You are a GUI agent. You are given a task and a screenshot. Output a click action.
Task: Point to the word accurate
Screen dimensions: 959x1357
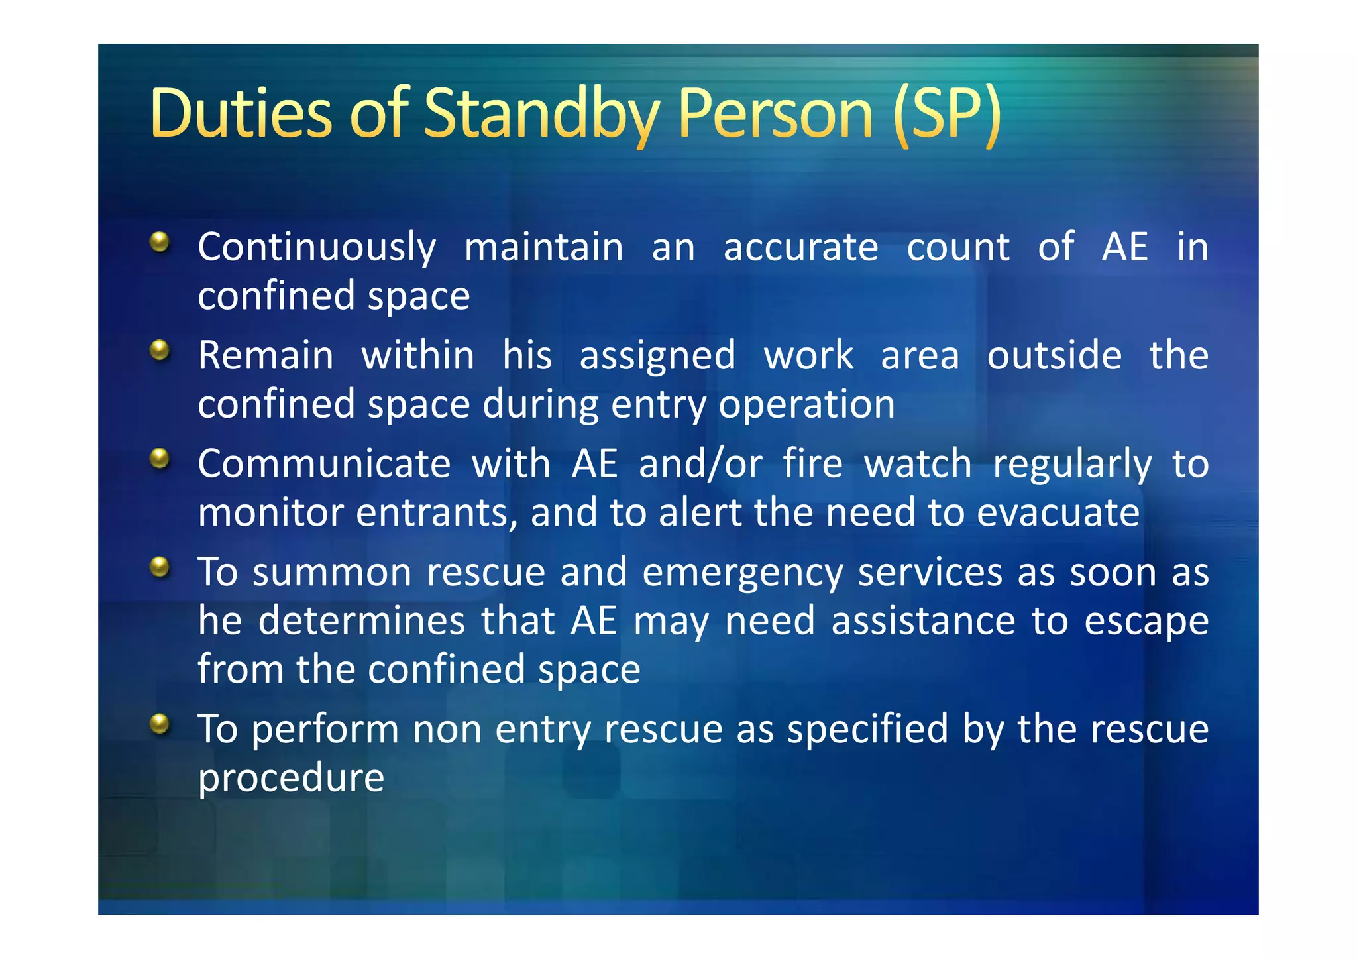pos(800,247)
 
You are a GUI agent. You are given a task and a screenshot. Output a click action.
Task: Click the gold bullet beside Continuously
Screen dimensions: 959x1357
pos(160,242)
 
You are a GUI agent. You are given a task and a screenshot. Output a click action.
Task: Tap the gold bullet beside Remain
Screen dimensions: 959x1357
pos(160,350)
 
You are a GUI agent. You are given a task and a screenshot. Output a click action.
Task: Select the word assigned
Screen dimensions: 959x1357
pos(657,356)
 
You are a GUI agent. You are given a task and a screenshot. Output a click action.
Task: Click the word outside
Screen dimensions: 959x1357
pos(1054,355)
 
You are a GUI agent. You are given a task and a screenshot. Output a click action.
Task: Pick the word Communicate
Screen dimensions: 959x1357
pos(324,463)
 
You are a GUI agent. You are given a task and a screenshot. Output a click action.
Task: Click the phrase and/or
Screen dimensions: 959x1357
pos(700,463)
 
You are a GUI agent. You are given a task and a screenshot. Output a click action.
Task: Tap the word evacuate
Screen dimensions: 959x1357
pos(1058,512)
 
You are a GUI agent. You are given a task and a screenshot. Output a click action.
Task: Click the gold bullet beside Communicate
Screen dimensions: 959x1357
pos(160,458)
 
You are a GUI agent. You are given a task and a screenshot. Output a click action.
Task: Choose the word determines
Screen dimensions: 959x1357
pos(361,621)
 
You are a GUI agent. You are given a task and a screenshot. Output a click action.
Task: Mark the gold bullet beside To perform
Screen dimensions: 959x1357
pos(160,724)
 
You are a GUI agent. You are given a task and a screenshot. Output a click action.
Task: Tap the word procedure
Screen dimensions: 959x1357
pos(291,779)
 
